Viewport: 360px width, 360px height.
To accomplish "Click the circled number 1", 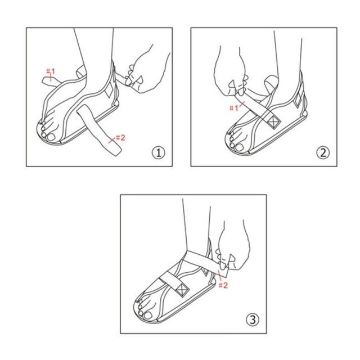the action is tap(159, 152).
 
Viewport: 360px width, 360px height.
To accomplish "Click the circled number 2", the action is tap(323, 152).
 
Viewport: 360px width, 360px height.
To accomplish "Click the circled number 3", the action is tap(253, 319).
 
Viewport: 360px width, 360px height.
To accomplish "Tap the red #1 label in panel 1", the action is tap(51, 71).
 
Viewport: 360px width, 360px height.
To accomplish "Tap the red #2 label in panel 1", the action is tap(120, 138).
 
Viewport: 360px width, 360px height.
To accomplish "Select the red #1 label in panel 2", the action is tap(234, 108).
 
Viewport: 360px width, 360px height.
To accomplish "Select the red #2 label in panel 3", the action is tap(223, 285).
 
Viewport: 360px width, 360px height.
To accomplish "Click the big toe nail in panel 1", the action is tap(51, 137).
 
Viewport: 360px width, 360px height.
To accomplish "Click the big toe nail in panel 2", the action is tap(240, 147).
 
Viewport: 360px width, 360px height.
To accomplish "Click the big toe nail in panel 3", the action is tap(147, 315).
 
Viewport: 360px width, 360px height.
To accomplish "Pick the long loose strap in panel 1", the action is tap(99, 130).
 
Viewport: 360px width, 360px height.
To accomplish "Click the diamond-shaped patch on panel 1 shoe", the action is tap(109, 89).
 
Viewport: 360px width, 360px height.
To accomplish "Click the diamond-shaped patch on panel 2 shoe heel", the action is tap(298, 100).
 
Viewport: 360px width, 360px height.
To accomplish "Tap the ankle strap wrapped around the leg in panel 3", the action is tap(204, 262).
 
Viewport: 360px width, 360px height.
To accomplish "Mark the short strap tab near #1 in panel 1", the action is tap(52, 81).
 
